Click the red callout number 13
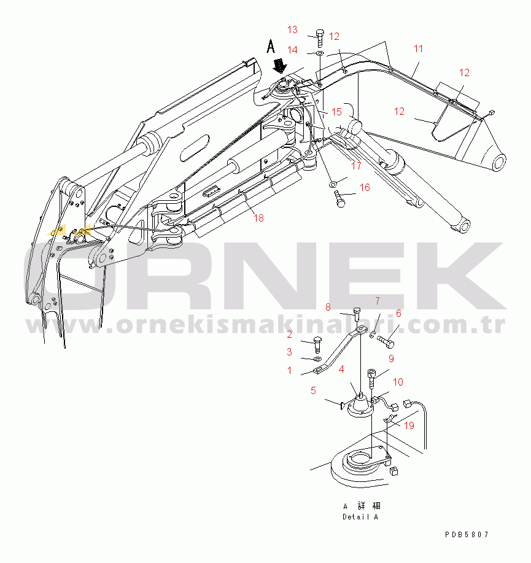point(292,29)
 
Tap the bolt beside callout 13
point(320,39)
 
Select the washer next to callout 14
point(320,53)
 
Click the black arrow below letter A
point(280,66)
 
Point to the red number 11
point(418,49)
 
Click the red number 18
point(258,218)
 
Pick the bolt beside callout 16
point(339,198)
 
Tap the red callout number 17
point(356,166)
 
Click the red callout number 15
point(336,112)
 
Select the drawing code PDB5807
point(467,535)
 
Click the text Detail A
point(360,517)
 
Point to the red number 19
point(409,425)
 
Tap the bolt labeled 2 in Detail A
point(317,344)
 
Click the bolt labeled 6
point(386,341)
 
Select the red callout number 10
point(398,382)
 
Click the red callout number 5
point(313,390)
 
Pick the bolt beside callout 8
point(357,314)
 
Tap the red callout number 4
point(341,369)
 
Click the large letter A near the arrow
point(271,47)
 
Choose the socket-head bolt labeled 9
point(372,378)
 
